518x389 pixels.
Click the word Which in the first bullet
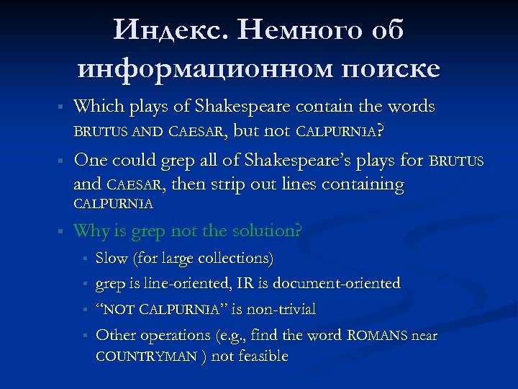click(99, 107)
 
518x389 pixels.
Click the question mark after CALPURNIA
click(379, 131)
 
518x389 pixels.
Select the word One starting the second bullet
click(91, 159)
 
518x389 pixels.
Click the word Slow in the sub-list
click(111, 258)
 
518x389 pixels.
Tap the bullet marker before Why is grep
click(61, 232)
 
